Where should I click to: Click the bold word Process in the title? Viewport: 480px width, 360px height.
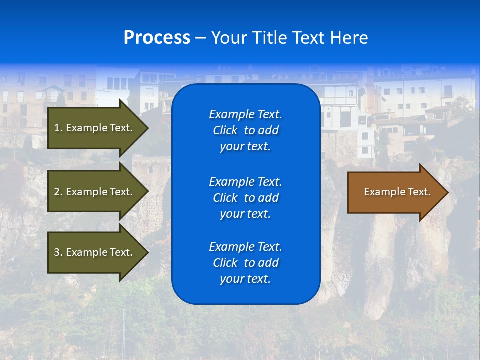click(157, 38)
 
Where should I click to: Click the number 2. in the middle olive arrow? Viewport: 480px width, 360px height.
click(58, 192)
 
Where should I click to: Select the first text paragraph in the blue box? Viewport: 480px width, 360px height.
click(245, 130)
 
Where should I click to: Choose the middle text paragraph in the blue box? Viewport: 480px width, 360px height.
click(245, 198)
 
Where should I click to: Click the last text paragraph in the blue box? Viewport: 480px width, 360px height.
click(245, 263)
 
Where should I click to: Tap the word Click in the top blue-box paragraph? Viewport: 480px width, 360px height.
click(225, 131)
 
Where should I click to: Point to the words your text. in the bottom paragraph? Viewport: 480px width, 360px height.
click(245, 279)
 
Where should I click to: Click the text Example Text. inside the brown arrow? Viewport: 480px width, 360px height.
click(397, 192)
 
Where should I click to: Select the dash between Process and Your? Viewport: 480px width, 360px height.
click(200, 38)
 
